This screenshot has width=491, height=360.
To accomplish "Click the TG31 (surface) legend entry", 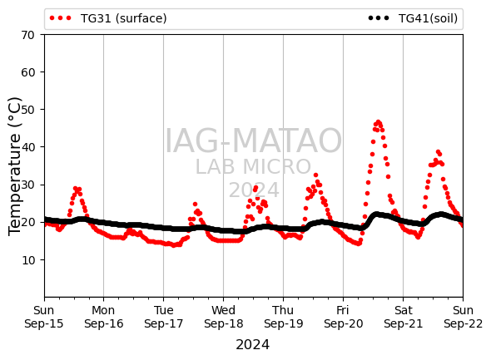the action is pyautogui.click(x=108, y=18).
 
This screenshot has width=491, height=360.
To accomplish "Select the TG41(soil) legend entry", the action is pyautogui.click(x=413, y=18).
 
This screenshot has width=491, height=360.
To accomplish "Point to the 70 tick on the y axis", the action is pyautogui.click(x=27, y=35).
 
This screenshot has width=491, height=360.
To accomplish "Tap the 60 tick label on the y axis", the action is pyautogui.click(x=27, y=72).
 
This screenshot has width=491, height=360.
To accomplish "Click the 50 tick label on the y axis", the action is pyautogui.click(x=27, y=110).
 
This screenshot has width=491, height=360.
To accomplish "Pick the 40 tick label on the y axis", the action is pyautogui.click(x=27, y=147).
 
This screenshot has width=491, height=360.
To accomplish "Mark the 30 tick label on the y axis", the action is pyautogui.click(x=27, y=185).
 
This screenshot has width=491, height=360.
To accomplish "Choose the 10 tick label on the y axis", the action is pyautogui.click(x=27, y=259).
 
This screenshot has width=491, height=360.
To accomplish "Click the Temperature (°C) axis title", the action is pyautogui.click(x=14, y=166).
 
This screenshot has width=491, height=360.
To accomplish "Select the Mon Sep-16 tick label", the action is pyautogui.click(x=104, y=317).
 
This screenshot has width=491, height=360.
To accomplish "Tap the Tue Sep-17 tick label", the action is pyautogui.click(x=163, y=317).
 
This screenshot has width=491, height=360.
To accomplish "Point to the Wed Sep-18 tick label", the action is pyautogui.click(x=224, y=317).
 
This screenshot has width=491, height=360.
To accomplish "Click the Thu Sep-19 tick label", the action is pyautogui.click(x=284, y=317).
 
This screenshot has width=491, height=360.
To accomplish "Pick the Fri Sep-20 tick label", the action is pyautogui.click(x=343, y=317).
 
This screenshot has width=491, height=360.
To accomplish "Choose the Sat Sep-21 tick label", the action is pyautogui.click(x=404, y=317).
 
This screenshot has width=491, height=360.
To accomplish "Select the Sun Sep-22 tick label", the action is pyautogui.click(x=464, y=317).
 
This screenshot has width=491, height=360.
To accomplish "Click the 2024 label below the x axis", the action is pyautogui.click(x=252, y=345).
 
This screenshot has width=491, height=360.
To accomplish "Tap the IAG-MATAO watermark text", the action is pyautogui.click(x=253, y=141).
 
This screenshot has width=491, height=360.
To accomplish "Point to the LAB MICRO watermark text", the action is pyautogui.click(x=253, y=166).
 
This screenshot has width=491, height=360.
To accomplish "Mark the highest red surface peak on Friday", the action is pyautogui.click(x=379, y=122).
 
